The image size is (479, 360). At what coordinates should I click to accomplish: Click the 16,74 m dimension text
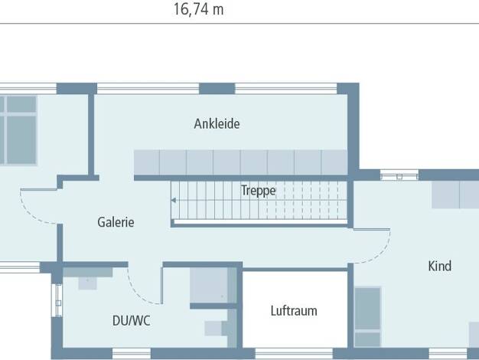[x=199, y=9]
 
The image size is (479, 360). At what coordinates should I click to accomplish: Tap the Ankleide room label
[x=217, y=124]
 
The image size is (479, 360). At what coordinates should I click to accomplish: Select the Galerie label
[x=116, y=222]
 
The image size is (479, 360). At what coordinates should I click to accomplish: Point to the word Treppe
[x=259, y=191]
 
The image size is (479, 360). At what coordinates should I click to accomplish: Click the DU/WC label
[x=132, y=321]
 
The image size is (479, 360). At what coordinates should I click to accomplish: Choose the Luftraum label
[x=294, y=311]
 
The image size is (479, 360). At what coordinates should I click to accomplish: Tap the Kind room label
[x=439, y=266]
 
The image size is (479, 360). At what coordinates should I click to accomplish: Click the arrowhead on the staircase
[x=173, y=201]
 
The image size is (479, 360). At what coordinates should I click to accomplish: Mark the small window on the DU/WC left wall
[x=57, y=300]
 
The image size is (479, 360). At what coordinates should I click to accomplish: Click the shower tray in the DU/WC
[x=209, y=286]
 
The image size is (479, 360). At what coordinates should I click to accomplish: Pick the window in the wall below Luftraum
[x=294, y=354]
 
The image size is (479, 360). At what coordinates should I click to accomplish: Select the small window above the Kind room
[x=399, y=175]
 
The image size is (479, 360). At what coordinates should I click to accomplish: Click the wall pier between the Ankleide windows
[x=217, y=89]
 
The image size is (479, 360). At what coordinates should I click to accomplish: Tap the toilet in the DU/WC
[x=217, y=328]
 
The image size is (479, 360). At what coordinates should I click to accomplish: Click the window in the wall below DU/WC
[x=132, y=354]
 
